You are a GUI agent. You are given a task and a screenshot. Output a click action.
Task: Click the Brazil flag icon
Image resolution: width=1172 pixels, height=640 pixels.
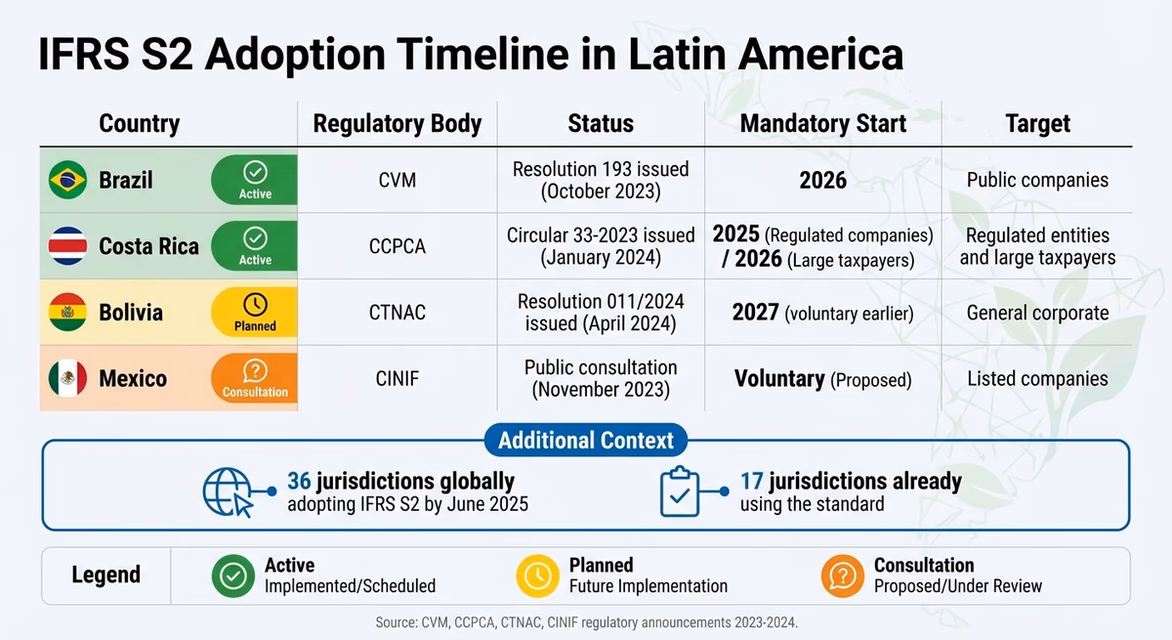click(x=68, y=180)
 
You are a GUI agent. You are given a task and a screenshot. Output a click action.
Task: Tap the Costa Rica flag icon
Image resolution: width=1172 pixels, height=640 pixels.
click(x=68, y=246)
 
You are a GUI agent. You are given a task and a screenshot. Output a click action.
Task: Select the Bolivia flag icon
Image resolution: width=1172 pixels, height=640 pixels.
click(x=68, y=313)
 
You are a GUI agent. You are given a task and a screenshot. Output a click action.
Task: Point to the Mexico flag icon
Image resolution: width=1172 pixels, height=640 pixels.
click(x=68, y=378)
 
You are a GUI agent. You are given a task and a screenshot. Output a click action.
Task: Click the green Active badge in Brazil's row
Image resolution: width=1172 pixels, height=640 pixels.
click(x=255, y=180)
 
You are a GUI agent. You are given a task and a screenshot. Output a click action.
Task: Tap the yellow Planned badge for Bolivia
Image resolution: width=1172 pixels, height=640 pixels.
click(x=255, y=313)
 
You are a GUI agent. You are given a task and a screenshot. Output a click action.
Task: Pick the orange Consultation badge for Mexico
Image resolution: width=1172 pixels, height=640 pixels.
click(x=255, y=379)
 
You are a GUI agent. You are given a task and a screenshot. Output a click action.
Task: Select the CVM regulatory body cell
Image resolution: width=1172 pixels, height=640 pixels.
click(x=398, y=181)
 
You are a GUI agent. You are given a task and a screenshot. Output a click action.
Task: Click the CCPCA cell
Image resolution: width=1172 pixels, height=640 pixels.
click(x=398, y=246)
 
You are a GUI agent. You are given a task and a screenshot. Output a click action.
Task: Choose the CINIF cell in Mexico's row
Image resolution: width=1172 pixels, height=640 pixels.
click(x=398, y=379)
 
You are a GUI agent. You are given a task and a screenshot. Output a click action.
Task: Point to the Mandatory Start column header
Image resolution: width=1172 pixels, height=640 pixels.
click(x=823, y=124)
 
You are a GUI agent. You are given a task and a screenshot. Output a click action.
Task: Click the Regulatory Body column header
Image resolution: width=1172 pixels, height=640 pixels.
click(x=398, y=124)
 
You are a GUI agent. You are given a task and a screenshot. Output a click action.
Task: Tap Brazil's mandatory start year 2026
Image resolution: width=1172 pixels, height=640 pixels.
click(x=823, y=181)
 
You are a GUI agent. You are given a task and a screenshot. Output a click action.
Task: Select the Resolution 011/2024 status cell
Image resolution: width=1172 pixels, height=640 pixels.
click(x=601, y=313)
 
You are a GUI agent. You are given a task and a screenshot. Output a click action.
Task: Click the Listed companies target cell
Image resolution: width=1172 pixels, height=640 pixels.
click(x=1037, y=379)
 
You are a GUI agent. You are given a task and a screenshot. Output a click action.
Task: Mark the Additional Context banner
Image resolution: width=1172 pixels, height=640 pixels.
click(x=586, y=440)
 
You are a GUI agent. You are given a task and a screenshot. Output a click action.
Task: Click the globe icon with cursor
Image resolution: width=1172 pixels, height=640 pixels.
click(x=228, y=491)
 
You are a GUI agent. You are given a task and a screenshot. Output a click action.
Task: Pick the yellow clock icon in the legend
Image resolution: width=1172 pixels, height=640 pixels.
click(x=538, y=576)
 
